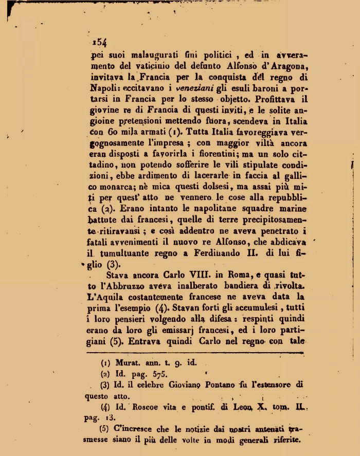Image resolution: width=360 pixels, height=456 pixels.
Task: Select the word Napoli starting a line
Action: pos(103,89)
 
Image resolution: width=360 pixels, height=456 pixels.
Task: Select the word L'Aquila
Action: pos(109,297)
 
